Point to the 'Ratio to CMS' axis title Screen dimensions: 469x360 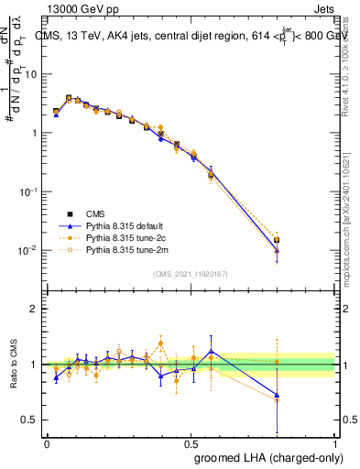tap(15, 366)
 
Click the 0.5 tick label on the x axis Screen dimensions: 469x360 tap(191, 442)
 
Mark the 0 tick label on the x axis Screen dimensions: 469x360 tap(47, 442)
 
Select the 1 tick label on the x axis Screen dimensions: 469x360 tap(335, 442)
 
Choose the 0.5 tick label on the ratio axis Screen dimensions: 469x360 tap(31, 422)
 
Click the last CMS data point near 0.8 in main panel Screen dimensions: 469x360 tap(277, 240)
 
